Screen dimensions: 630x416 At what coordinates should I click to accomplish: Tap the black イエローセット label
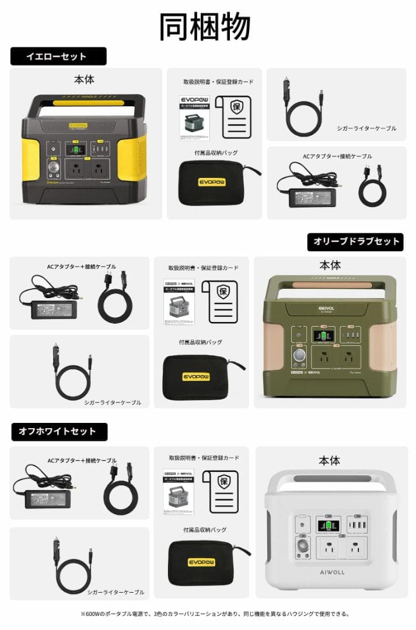58,57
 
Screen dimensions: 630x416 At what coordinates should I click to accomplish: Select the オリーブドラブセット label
355,242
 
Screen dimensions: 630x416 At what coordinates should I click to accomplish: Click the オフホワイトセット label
58,432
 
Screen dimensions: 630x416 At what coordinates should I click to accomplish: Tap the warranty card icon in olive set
219,301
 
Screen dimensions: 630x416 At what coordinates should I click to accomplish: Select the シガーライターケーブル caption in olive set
112,402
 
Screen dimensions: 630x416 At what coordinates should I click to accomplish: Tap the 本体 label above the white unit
329,461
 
